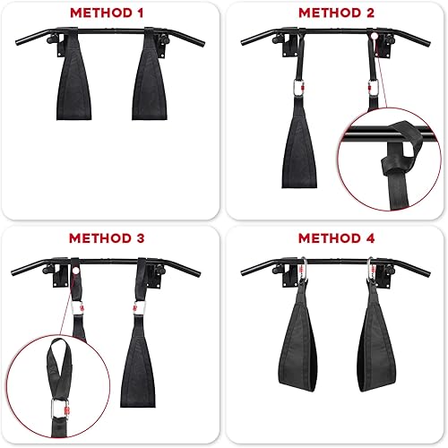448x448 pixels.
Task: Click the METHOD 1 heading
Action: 111,13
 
